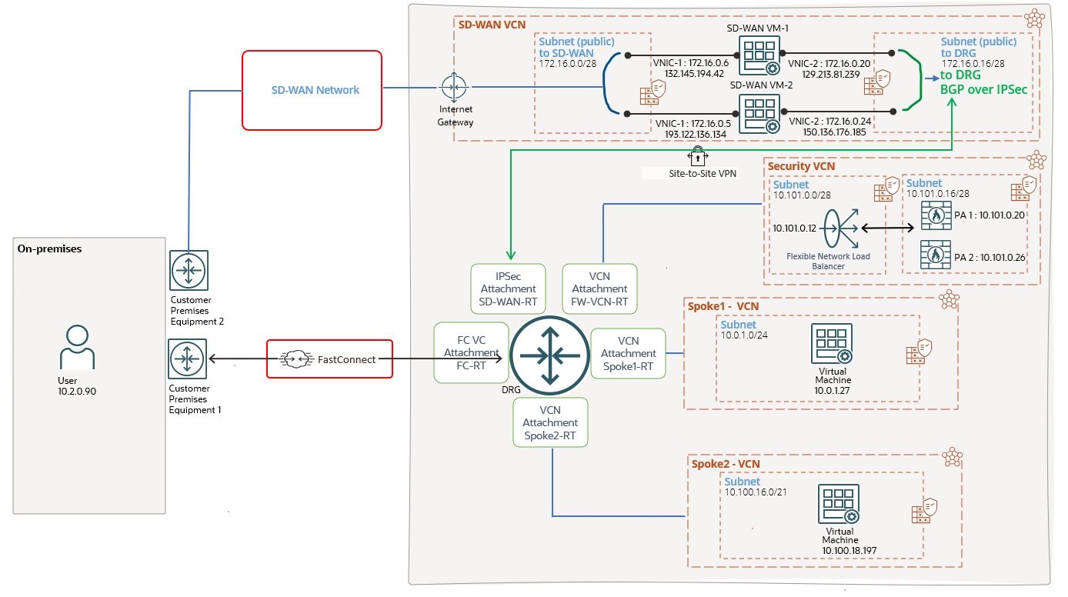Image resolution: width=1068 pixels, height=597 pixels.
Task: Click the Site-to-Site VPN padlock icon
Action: point(697,157)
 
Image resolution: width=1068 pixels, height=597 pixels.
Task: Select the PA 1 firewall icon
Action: point(936,215)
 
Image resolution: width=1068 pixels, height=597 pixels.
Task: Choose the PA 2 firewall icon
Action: point(936,256)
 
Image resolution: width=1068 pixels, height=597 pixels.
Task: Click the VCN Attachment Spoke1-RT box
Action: point(628,353)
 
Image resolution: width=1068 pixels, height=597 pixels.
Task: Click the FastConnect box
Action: point(329,359)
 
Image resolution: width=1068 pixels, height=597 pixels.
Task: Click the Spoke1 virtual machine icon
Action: point(831,343)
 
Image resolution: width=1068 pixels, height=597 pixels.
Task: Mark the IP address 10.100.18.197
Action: point(839,551)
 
